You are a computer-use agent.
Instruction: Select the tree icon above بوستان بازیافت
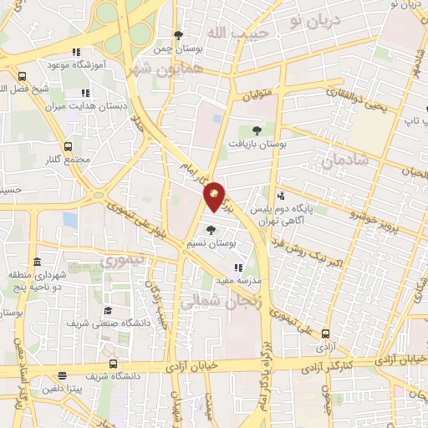coord(257,130)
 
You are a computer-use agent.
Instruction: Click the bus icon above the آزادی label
coord(325,334)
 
